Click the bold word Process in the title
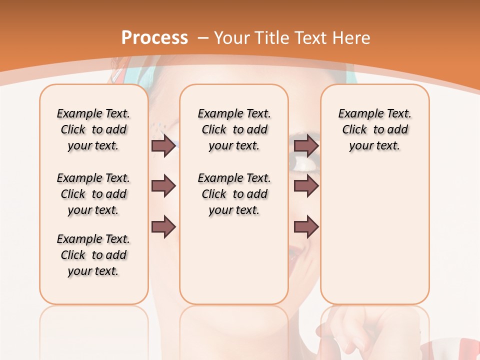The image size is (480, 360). click(154, 38)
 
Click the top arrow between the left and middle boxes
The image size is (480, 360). click(163, 145)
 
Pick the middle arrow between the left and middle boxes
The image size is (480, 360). click(163, 186)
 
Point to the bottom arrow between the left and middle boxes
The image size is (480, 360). click(163, 227)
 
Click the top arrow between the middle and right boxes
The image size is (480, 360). click(306, 145)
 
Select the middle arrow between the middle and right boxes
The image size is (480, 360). click(306, 186)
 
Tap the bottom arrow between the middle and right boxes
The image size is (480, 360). click(306, 227)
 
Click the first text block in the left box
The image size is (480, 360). click(93, 129)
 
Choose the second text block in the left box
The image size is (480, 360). click(93, 194)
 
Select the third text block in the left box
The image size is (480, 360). click(93, 255)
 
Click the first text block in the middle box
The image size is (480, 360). click(234, 129)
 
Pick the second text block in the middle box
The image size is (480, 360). click(234, 194)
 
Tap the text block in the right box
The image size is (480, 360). click(374, 129)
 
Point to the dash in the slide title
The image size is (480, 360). click(203, 38)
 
